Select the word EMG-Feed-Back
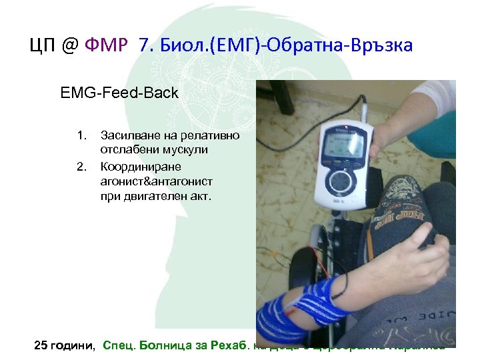[x=119, y=93]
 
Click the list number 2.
[x=81, y=166]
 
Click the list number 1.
[x=81, y=136]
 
